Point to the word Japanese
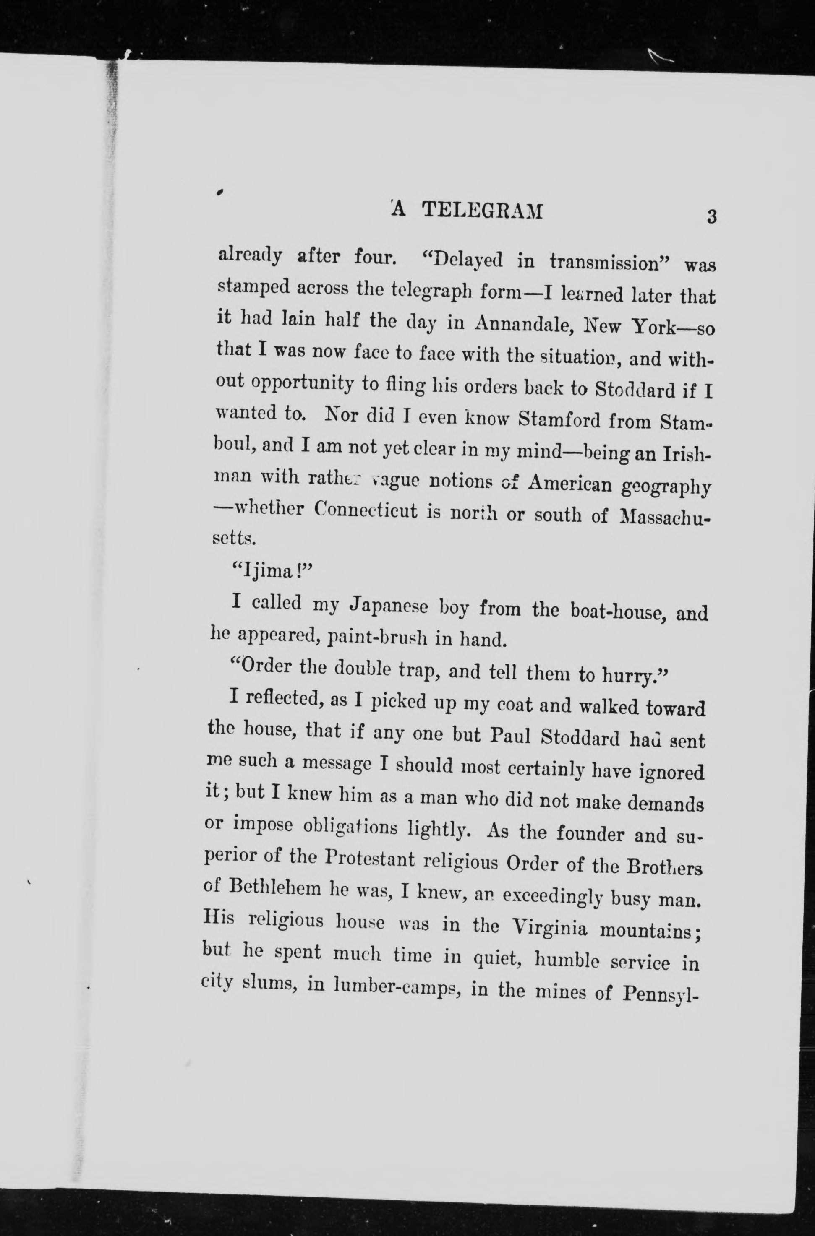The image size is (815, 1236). click(389, 606)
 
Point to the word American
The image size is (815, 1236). click(569, 484)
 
